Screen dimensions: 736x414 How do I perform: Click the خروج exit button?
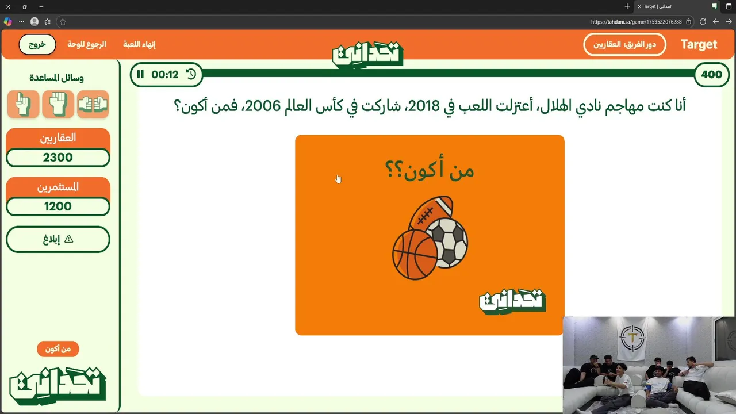click(37, 44)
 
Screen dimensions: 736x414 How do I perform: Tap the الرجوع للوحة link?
click(87, 44)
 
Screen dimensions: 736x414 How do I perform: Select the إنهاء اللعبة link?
click(139, 44)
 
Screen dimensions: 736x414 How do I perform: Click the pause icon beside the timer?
click(140, 74)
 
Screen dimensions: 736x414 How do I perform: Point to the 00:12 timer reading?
click(164, 75)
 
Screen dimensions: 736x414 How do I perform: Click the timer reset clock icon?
click(191, 74)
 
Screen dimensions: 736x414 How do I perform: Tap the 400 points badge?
click(711, 75)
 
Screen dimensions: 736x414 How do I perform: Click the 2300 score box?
click(58, 158)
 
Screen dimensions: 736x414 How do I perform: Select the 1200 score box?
click(58, 206)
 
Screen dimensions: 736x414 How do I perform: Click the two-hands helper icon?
click(93, 104)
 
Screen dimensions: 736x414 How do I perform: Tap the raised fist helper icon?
click(58, 104)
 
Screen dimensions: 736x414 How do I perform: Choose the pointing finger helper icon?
click(24, 104)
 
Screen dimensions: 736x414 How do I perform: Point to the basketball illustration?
click(415, 255)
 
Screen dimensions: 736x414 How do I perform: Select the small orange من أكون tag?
click(58, 349)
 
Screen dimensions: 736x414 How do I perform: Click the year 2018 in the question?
click(424, 106)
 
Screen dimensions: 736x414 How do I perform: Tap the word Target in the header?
click(699, 44)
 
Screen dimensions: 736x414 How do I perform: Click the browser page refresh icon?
click(703, 22)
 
